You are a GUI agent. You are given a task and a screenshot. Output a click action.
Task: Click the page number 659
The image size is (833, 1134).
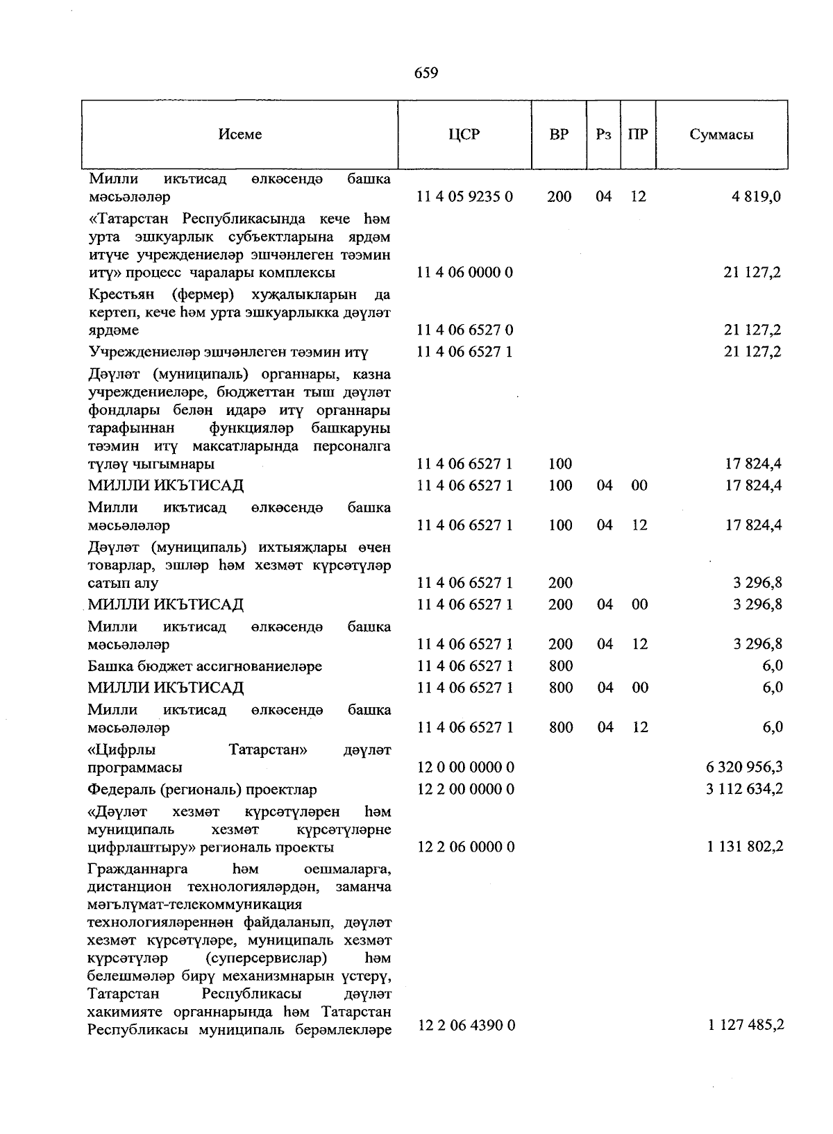[x=426, y=73]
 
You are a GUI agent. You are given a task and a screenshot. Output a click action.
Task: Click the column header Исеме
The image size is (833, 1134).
[x=239, y=135]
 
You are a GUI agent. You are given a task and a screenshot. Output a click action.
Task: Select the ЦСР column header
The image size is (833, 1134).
[x=464, y=135]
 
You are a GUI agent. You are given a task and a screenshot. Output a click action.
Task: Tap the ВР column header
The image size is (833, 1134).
[x=559, y=135]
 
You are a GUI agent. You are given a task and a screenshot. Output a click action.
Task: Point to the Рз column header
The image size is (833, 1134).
[x=603, y=135]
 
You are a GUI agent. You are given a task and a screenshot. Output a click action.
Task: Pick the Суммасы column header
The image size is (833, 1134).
[x=721, y=135]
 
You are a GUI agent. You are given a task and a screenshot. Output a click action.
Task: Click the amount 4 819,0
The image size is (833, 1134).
[x=756, y=196]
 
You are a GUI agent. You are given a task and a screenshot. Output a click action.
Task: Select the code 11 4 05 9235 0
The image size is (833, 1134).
[x=464, y=196]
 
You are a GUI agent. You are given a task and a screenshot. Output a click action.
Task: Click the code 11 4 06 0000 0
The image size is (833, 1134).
[x=464, y=272]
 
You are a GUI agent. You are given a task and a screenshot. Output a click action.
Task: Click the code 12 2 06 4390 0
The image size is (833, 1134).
[x=466, y=1025]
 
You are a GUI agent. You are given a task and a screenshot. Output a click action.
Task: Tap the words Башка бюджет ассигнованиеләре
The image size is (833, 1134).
[x=205, y=666]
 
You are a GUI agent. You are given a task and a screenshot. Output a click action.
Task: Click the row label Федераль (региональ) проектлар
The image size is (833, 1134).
[x=202, y=790]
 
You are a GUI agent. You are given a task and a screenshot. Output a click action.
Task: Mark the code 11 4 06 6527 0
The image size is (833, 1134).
[x=464, y=330]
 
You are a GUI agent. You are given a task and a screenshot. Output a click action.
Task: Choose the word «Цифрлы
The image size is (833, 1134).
[x=121, y=750]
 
